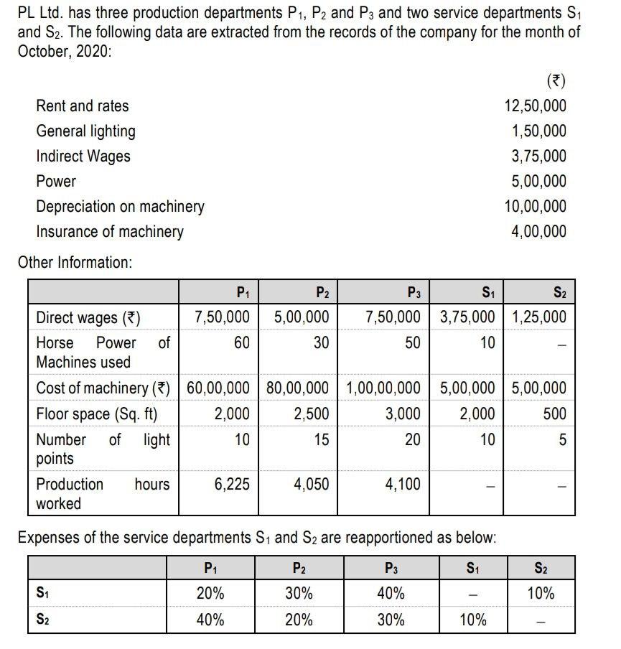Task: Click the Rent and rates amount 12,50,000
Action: [535, 106]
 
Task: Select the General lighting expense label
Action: [85, 131]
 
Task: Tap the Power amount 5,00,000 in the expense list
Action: [538, 182]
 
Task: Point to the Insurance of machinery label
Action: [109, 232]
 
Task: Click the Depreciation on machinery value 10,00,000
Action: [535, 207]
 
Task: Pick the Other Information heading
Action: [75, 263]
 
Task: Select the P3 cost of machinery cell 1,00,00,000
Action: [383, 388]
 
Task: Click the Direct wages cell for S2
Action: [538, 317]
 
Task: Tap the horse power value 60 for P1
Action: [242, 343]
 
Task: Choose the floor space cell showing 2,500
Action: [312, 414]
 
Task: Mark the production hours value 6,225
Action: [232, 485]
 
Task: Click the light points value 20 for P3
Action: [412, 439]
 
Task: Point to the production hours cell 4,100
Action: [403, 485]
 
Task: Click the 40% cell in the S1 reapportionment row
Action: [391, 594]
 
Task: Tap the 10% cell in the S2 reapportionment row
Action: [473, 620]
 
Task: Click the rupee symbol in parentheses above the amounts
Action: [554, 80]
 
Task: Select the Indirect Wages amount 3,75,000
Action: [538, 157]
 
